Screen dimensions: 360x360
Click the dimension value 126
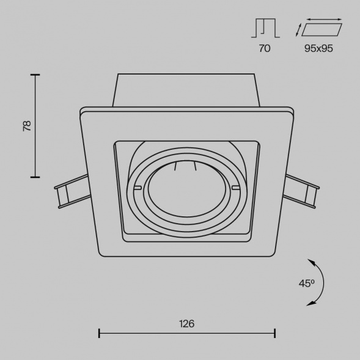point(186,324)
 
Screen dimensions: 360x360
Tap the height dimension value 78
point(27,125)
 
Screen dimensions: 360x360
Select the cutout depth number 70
point(265,48)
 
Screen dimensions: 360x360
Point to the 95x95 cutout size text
point(318,48)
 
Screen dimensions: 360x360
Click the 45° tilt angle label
point(306,284)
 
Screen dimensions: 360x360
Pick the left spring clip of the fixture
point(72,191)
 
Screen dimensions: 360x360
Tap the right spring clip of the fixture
point(301,191)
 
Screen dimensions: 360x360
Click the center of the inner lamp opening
point(187,189)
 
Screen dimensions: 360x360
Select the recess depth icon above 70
point(265,28)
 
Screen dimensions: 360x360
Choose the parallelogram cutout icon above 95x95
point(321,29)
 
